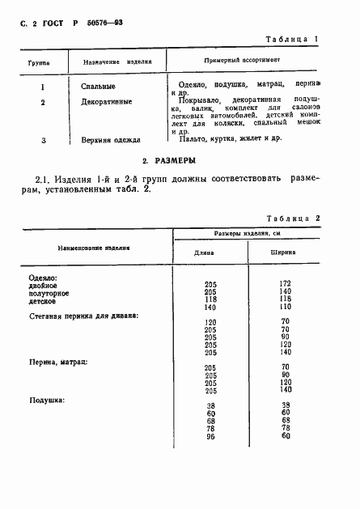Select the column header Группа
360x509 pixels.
(x=39, y=62)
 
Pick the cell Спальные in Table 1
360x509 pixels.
(x=99, y=85)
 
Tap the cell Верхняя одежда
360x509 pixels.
(x=110, y=139)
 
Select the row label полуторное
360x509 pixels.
(x=49, y=292)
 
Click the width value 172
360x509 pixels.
(x=284, y=284)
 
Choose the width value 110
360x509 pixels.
(x=284, y=307)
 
